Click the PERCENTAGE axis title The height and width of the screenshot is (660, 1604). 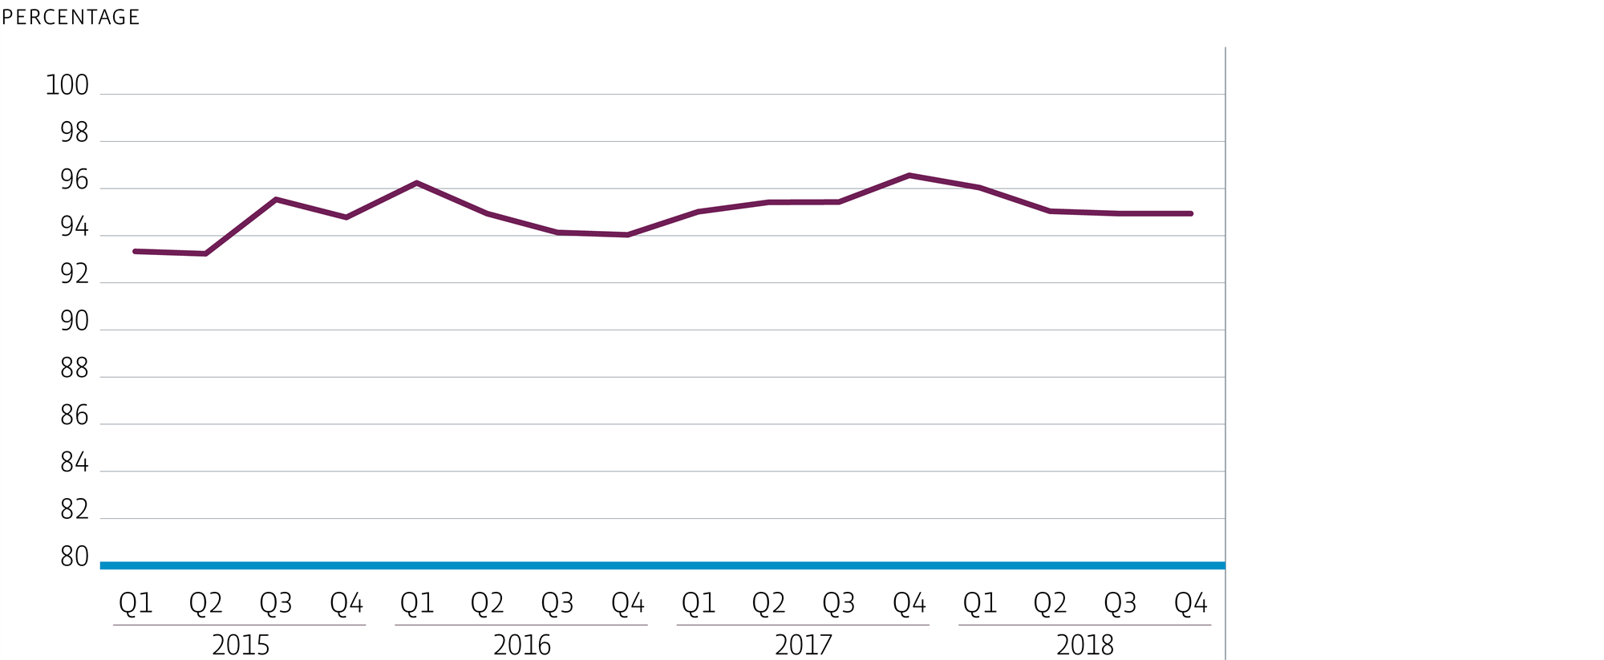tap(71, 17)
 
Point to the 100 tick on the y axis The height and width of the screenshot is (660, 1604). tap(67, 85)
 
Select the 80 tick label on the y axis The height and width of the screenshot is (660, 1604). tap(74, 557)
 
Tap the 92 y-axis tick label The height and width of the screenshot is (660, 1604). tap(74, 274)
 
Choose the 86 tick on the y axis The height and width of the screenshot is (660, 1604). tap(74, 415)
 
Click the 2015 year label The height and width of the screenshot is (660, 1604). tap(240, 645)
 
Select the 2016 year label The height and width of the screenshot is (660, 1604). tap(521, 645)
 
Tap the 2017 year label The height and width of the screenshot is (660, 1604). tap(803, 645)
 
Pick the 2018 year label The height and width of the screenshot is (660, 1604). tap(1084, 645)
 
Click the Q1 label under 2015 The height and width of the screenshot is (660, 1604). tap(136, 603)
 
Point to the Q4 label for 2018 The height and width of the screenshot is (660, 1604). tap(1190, 603)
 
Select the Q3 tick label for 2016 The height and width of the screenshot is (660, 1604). tap(557, 603)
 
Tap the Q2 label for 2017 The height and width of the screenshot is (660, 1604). tap(768, 603)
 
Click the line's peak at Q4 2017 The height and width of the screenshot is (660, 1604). tap(909, 175)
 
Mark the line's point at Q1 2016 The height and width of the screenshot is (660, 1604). tap(417, 183)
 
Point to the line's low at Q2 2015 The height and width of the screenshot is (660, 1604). tap(206, 253)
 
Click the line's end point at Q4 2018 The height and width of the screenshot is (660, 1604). tap(1190, 213)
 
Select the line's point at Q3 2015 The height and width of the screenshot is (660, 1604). tap(276, 199)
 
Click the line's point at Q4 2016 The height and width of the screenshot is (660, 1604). tap(627, 235)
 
